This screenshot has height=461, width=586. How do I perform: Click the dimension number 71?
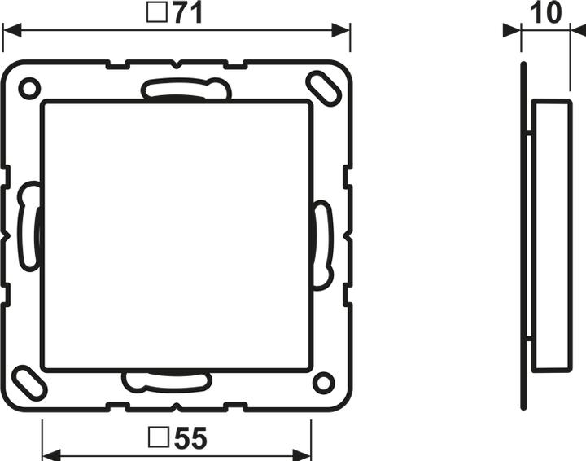click(x=188, y=13)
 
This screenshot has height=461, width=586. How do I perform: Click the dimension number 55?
click(x=190, y=438)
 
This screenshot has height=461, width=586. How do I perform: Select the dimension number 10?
click(x=545, y=12)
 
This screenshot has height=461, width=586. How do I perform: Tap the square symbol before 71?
click(x=157, y=13)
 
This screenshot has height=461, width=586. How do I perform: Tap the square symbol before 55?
click(x=159, y=437)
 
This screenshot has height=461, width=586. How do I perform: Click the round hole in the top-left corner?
click(x=29, y=89)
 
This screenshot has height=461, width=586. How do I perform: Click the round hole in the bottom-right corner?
click(x=323, y=383)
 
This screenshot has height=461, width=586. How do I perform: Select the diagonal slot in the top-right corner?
click(x=323, y=88)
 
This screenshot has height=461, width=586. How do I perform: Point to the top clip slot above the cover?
click(x=186, y=89)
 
